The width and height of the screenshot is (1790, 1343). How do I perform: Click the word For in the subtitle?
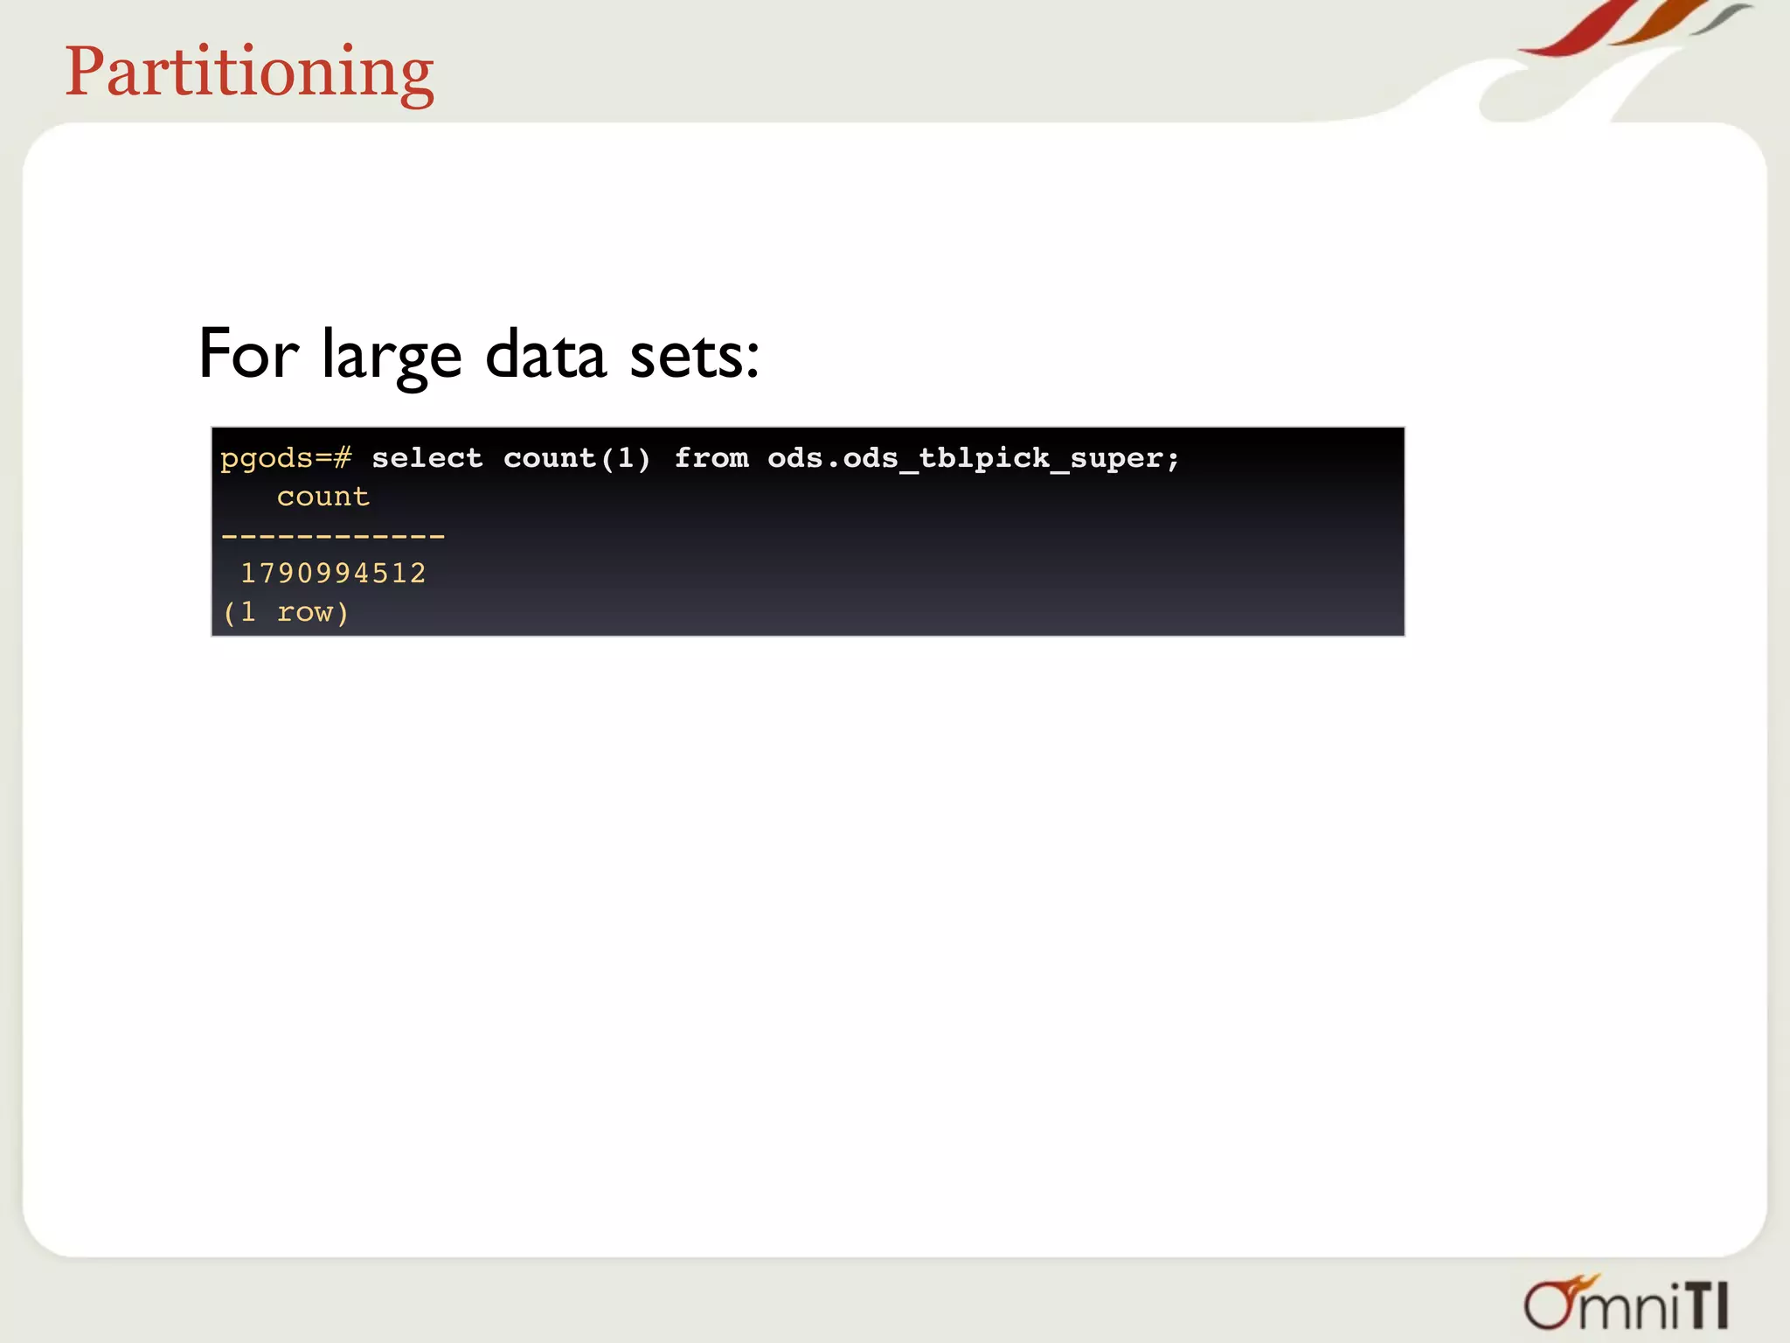point(248,354)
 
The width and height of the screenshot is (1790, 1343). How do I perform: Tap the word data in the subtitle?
point(545,354)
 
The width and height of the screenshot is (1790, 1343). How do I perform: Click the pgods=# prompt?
point(286,458)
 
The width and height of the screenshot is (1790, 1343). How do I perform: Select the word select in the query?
point(427,458)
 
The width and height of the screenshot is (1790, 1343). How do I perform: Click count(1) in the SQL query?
point(577,458)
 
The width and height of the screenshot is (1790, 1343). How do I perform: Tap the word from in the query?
point(711,458)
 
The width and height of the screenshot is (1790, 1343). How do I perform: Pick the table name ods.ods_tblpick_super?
point(973,458)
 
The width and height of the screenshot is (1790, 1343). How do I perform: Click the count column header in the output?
point(323,497)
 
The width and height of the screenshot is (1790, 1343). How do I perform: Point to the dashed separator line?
point(333,535)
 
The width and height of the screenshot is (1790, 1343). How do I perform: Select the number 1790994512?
point(333,574)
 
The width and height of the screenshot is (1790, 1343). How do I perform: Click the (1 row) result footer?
point(286,612)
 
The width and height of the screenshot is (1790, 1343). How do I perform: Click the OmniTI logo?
point(1626,1304)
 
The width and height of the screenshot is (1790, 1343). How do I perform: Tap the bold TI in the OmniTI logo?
point(1706,1306)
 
